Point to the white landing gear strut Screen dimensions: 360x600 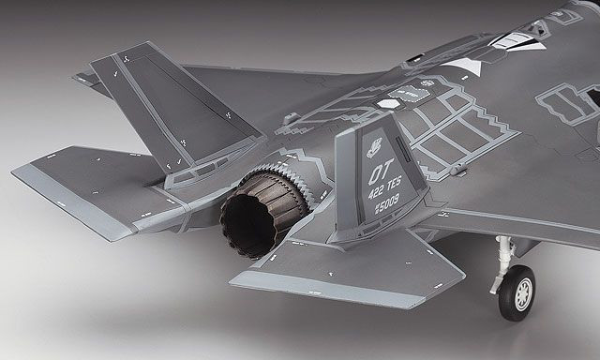tap(506, 253)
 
